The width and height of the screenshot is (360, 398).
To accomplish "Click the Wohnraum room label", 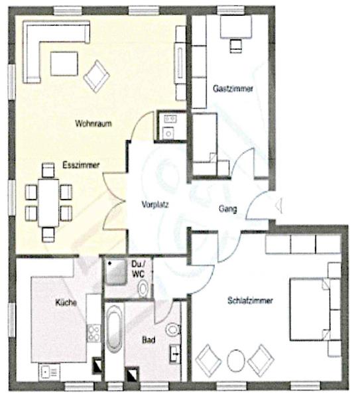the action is [x=93, y=123].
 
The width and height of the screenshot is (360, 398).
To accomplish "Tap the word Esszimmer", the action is [x=81, y=165].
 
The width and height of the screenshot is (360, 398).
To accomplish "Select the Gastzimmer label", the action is [x=233, y=89].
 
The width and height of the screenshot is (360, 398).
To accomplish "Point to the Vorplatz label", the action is [x=155, y=204].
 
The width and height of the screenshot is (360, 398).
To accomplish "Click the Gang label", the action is [x=228, y=209].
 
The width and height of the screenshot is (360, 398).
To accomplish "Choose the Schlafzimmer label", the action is [x=250, y=300].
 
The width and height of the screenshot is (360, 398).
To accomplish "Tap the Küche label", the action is [x=66, y=302].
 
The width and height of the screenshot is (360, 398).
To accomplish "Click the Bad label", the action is [x=149, y=340].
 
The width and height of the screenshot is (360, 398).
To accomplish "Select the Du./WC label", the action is [x=139, y=269].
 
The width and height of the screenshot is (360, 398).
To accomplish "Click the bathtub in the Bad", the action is [x=114, y=329].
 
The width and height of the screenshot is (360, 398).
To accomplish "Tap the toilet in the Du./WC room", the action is [x=144, y=289].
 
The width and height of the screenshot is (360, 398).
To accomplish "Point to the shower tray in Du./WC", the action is [x=115, y=271].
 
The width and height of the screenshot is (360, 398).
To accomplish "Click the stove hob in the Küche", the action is [x=93, y=333].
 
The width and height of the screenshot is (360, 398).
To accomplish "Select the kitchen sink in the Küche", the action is [x=49, y=372].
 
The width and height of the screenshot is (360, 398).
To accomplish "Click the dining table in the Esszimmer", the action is [x=48, y=202].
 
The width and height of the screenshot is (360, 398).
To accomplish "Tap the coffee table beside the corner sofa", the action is [x=64, y=64].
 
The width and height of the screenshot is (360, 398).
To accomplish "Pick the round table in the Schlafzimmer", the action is [x=236, y=361].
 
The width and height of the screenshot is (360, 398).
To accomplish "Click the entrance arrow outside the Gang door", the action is [x=279, y=205].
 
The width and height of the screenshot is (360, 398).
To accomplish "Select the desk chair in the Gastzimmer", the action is [x=236, y=46].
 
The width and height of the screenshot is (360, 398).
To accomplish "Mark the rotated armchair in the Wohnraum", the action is [x=97, y=76].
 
